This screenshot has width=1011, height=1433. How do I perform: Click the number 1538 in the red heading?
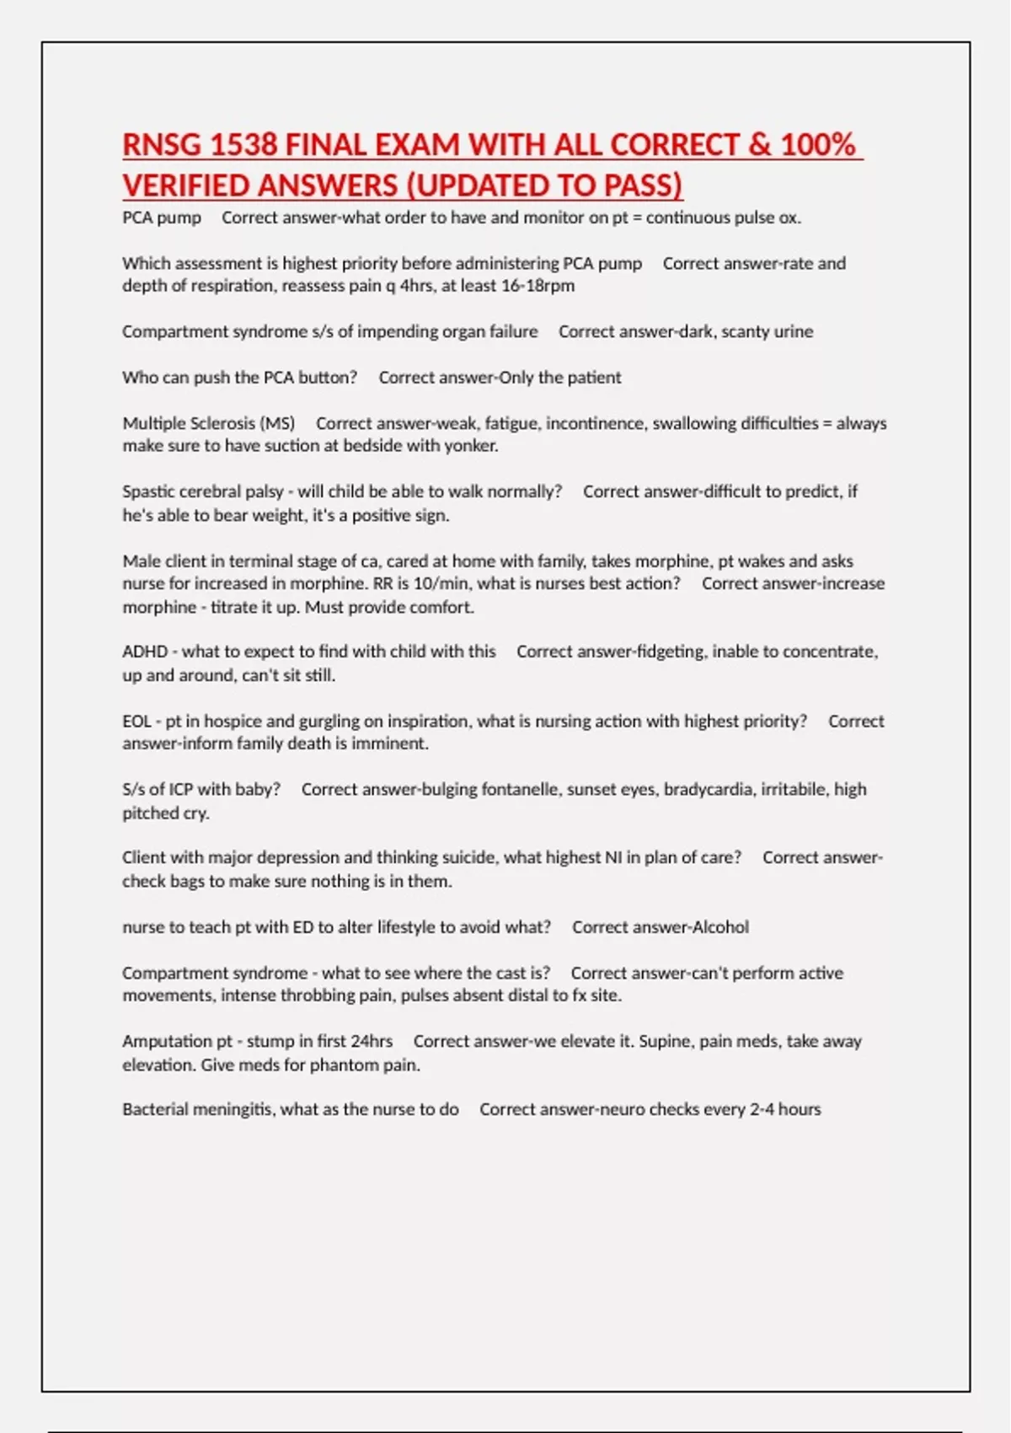tap(243, 145)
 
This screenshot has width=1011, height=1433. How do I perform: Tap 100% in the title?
tap(817, 145)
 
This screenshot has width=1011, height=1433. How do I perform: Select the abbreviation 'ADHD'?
tap(145, 652)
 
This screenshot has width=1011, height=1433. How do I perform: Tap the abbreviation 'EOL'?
tap(136, 722)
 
